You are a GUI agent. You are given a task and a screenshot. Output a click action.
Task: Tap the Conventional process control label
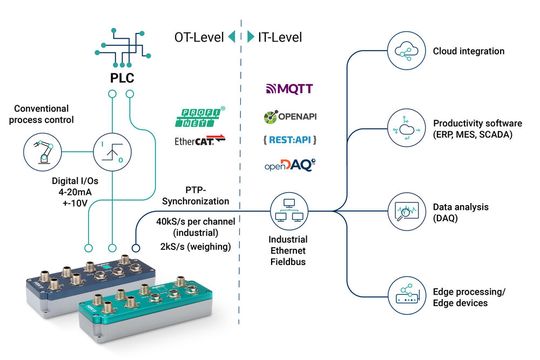tap(45, 113)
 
